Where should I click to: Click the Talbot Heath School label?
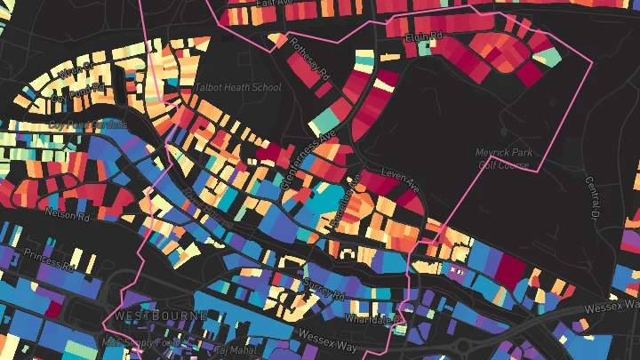point(236,87)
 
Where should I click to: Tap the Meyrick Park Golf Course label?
point(504,158)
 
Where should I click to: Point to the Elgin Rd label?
point(423,37)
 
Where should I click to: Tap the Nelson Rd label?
point(68,214)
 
